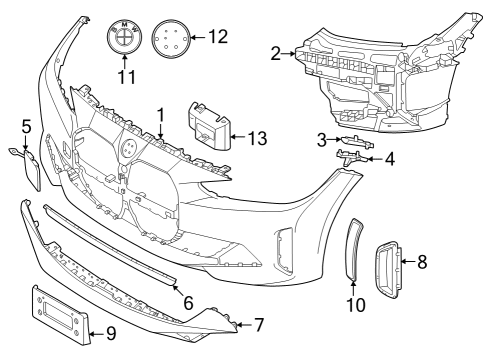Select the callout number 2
pos(275,53)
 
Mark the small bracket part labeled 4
pos(349,157)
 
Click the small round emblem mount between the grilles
pos(129,146)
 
